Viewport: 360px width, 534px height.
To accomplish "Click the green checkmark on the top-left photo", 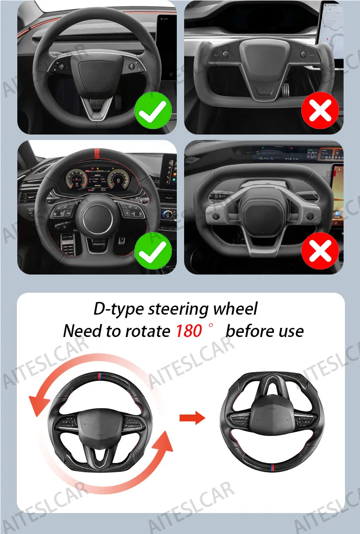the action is tap(153, 110).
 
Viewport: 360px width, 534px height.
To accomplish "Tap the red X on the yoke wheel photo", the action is tap(320, 110).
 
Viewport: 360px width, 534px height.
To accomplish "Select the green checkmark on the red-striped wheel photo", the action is tap(153, 251).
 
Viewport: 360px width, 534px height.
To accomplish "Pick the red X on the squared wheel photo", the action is tap(320, 251).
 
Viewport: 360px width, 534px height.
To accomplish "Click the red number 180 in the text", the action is tap(189, 331).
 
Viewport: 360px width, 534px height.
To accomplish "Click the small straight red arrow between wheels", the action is tap(192, 418).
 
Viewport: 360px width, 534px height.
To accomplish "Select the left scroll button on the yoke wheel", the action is tap(225, 54).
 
